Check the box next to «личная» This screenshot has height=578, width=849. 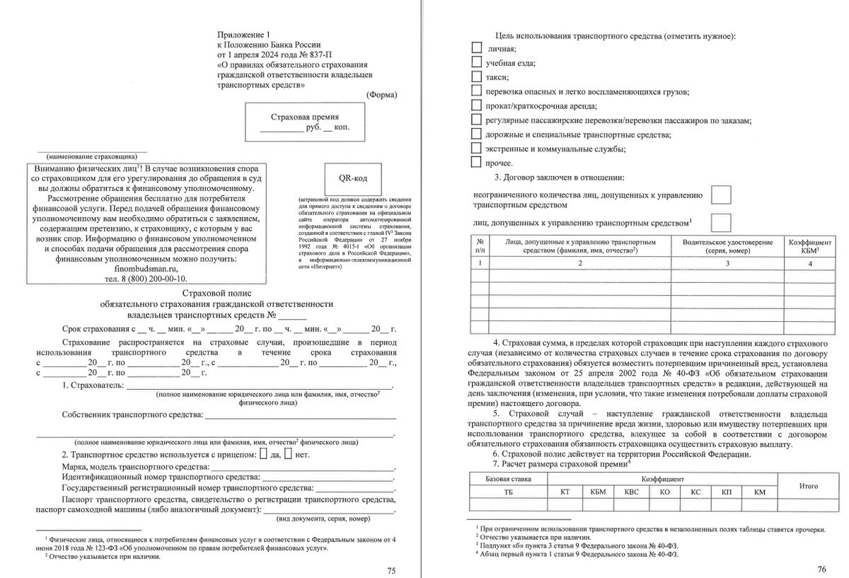pyautogui.click(x=476, y=47)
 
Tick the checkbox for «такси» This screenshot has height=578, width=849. pyautogui.click(x=476, y=76)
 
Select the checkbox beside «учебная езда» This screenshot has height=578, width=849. pyautogui.click(x=476, y=62)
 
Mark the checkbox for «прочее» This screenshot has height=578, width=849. pyautogui.click(x=476, y=162)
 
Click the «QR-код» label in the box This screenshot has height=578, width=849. pyautogui.click(x=352, y=178)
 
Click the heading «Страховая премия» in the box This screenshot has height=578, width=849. pyautogui.click(x=305, y=117)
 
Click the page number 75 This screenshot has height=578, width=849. pyautogui.click(x=392, y=570)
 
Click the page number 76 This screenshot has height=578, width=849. pyautogui.click(x=821, y=569)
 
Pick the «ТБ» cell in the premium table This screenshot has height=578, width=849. pyautogui.click(x=507, y=492)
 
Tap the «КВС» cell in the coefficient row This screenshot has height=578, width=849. pyautogui.click(x=629, y=492)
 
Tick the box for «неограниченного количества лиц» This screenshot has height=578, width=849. pyautogui.click(x=720, y=195)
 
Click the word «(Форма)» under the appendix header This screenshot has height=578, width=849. pyautogui.click(x=381, y=94)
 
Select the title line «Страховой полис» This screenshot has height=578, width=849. pyautogui.click(x=216, y=292)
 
